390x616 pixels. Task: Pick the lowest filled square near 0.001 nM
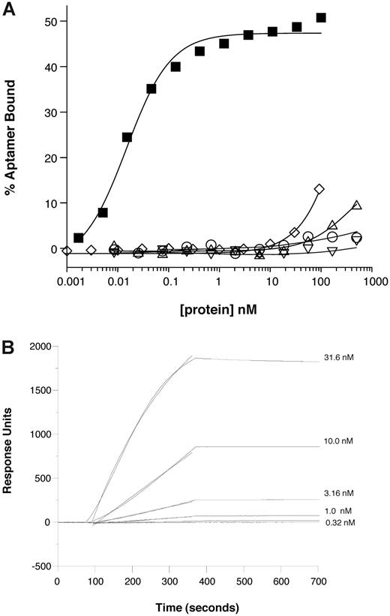pyautogui.click(x=79, y=237)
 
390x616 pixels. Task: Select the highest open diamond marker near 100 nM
pyautogui.click(x=319, y=189)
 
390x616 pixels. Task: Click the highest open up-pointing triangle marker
pyautogui.click(x=357, y=205)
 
